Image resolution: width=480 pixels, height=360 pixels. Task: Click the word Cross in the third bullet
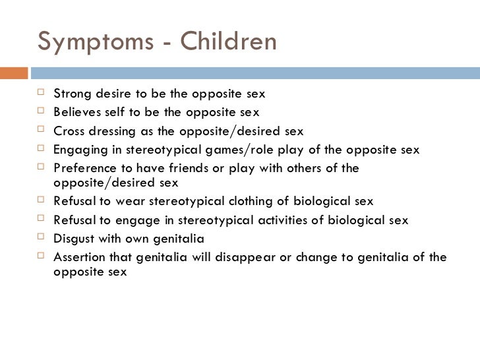[68, 131]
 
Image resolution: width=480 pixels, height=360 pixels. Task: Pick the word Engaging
[77, 149]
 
